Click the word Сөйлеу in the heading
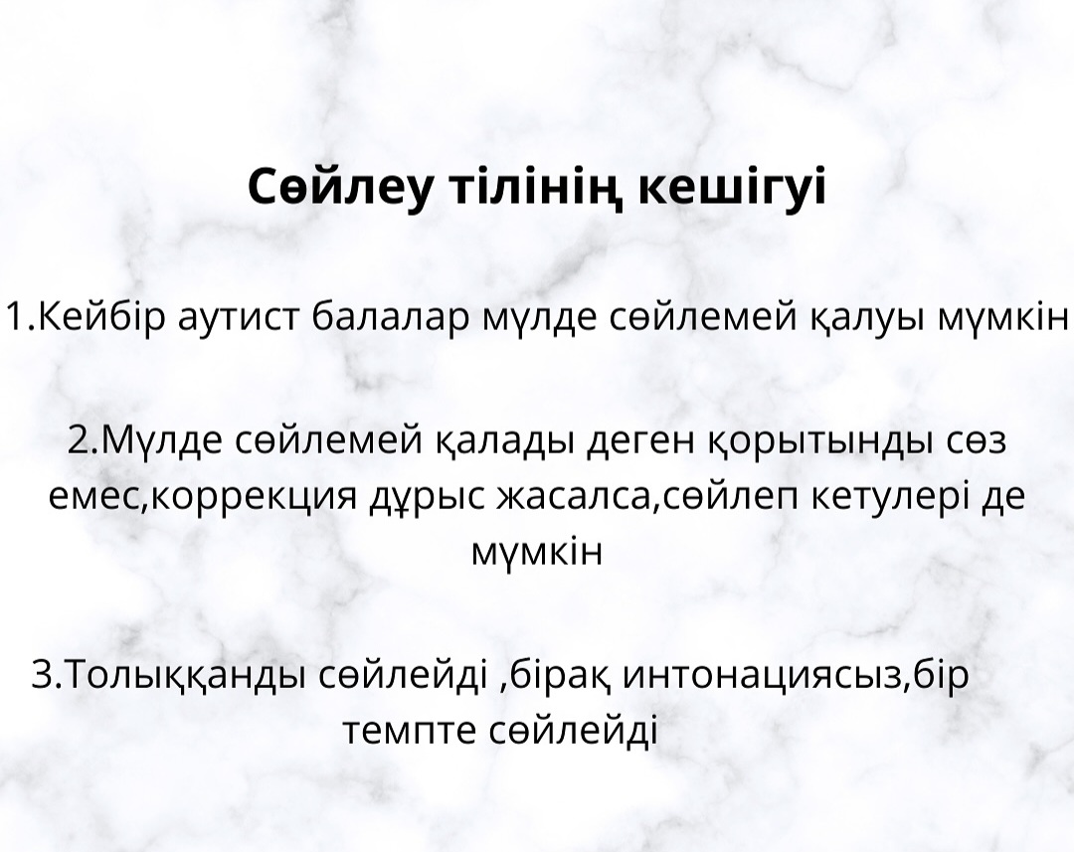point(341,187)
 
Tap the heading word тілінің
point(536,187)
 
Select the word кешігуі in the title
point(732,187)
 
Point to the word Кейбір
point(97,316)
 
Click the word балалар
point(391,317)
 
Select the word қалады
point(505,442)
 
